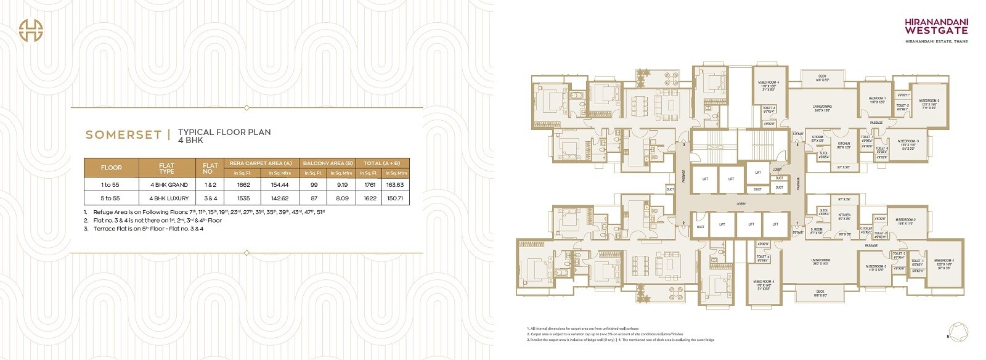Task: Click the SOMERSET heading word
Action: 123,135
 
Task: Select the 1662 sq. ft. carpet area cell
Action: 243,185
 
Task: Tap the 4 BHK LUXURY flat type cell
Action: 168,198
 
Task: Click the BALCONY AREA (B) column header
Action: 328,163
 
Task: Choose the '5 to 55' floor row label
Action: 111,198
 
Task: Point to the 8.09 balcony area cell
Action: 342,198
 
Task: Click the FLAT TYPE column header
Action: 166,168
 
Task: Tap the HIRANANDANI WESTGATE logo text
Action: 936,25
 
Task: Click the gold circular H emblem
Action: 31,31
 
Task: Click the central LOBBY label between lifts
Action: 740,203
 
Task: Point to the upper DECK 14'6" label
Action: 822,78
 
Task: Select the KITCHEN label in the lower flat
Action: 844,217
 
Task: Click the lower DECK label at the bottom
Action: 820,293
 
